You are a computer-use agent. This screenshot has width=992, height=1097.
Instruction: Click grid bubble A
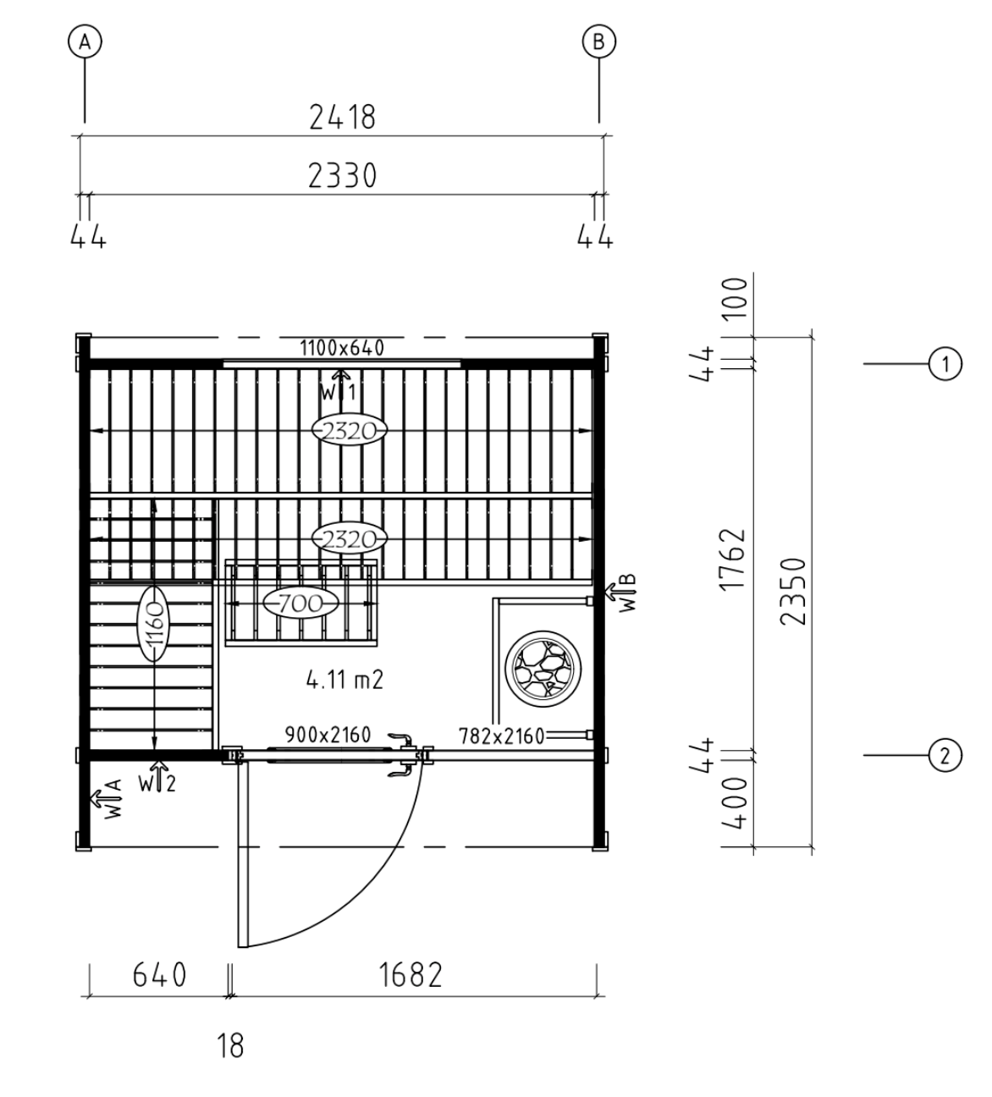pos(85,41)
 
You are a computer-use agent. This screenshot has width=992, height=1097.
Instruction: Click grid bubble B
pos(598,41)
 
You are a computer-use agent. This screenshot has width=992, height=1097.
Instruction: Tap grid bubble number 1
pos(945,364)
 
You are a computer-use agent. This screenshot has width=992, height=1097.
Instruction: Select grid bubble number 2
pos(945,755)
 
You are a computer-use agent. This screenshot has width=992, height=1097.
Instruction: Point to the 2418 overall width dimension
pos(343,117)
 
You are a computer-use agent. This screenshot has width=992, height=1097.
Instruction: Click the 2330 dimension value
pos(343,175)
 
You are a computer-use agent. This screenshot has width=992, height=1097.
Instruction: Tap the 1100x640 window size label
pos(342,348)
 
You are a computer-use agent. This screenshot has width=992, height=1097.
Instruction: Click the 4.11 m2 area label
pos(344,680)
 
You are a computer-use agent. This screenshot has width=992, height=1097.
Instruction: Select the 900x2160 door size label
pos(328,735)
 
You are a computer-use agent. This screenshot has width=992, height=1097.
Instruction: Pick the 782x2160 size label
pos(501,736)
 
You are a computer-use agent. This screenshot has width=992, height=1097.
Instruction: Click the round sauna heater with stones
pos(543,668)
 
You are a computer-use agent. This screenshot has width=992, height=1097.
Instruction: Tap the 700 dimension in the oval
pos(300,604)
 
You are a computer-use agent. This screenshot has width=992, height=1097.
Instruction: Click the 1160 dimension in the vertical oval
pos(154,624)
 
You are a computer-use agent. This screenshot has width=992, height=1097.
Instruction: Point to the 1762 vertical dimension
pos(733,560)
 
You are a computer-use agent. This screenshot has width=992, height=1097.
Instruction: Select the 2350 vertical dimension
pos(793,592)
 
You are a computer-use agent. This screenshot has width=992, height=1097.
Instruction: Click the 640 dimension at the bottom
pos(160,974)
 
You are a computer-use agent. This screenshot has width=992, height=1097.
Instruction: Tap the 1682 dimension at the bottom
pos(411,974)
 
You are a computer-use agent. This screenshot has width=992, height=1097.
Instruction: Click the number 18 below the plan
pos(230,1046)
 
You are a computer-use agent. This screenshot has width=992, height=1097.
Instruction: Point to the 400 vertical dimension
pos(734,802)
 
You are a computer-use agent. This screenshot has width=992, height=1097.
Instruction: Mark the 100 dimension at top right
pos(735,299)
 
